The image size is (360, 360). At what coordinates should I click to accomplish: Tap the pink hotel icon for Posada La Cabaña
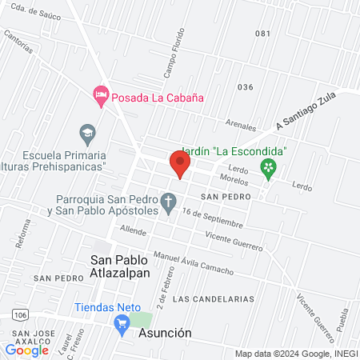click(101, 96)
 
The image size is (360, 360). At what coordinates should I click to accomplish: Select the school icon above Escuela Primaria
click(86, 131)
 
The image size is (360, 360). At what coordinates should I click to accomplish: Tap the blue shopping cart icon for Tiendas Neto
click(122, 323)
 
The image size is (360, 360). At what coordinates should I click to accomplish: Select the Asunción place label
click(166, 333)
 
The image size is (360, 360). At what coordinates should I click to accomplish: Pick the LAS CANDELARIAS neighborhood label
click(213, 298)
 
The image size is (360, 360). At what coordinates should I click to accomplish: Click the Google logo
click(27, 350)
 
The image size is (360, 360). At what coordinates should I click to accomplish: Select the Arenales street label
click(241, 126)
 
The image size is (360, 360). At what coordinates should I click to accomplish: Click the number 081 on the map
click(262, 34)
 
